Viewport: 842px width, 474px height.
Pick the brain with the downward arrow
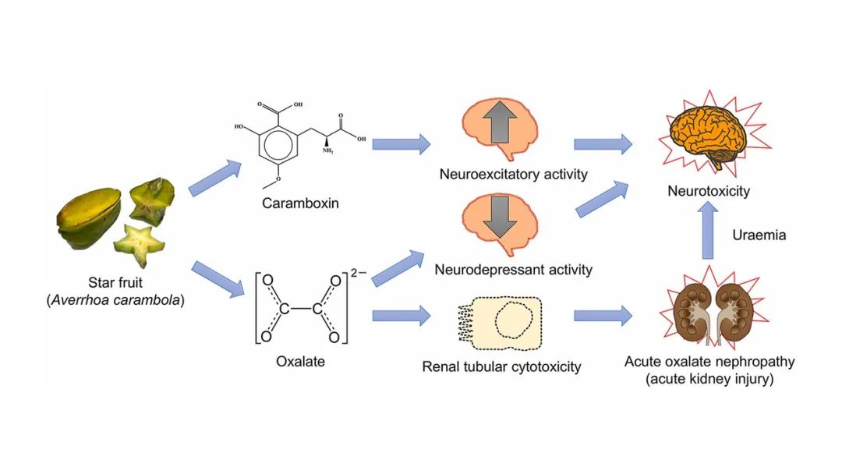point(497,223)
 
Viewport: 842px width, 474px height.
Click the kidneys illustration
point(708,311)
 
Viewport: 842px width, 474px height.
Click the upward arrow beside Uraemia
point(709,232)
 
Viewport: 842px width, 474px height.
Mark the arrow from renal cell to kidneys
point(603,317)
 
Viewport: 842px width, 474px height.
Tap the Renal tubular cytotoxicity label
point(501,366)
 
